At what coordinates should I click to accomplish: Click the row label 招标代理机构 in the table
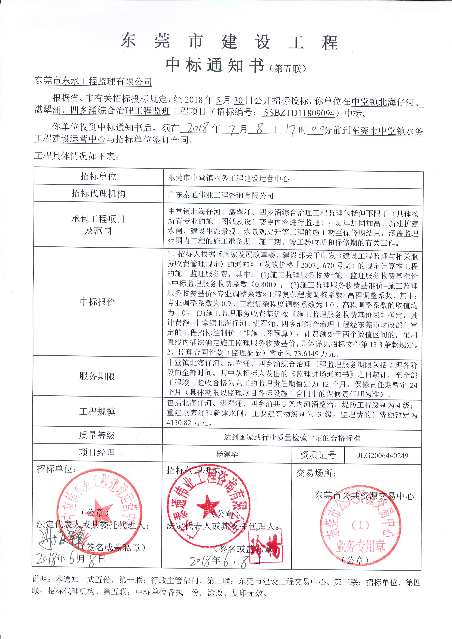tap(98, 193)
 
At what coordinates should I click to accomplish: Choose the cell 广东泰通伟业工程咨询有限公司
tap(220, 195)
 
